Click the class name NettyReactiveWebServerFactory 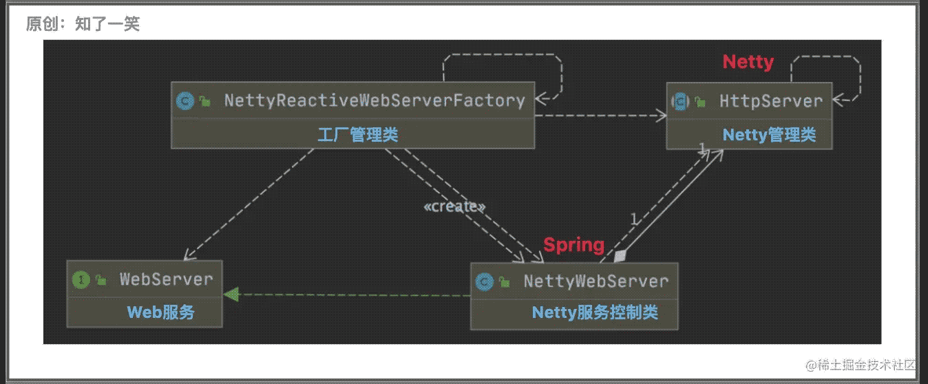coord(374,101)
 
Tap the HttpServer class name coord(771,101)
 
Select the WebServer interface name coord(166,279)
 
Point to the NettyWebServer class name coord(595,281)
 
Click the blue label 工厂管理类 coord(357,134)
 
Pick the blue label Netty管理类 coord(769,135)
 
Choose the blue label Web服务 coord(160,312)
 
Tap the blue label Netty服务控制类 coord(595,313)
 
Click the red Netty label coord(748,62)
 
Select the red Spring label coord(574,244)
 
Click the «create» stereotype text coord(454,206)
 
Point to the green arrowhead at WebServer coord(231,295)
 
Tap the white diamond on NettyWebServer coord(621,256)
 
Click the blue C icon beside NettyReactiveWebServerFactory coord(184,101)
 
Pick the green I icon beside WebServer coord(81,279)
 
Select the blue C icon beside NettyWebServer coord(484,281)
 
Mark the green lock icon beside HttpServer coord(700,102)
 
